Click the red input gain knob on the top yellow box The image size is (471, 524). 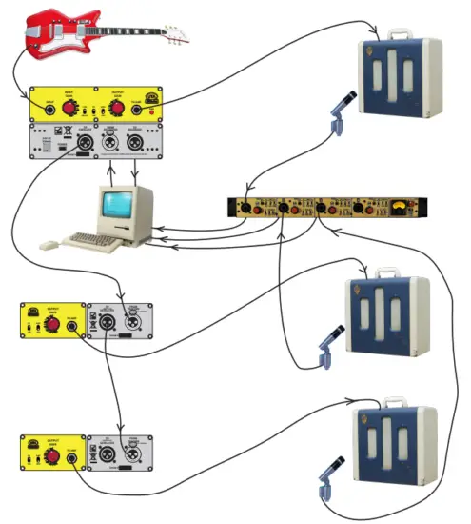coord(69,107)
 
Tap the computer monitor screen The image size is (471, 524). coord(120,204)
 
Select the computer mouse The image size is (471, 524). coord(46,246)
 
